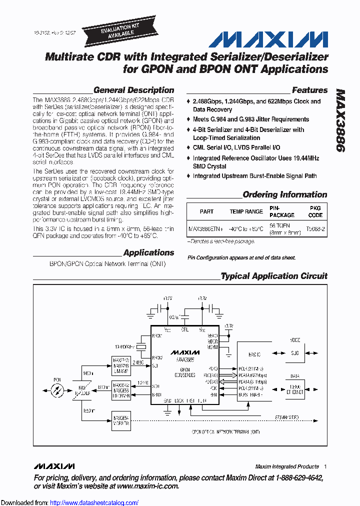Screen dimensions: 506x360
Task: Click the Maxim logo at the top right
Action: click(268, 39)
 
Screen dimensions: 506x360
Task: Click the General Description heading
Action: click(133, 90)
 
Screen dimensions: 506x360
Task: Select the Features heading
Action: click(309, 90)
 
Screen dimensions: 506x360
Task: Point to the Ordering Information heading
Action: click(284, 194)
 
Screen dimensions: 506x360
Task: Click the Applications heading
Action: click(148, 252)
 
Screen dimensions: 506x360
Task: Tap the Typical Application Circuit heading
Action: click(274, 276)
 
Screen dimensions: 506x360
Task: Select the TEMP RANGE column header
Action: click(246, 211)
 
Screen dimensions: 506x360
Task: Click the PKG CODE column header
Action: click(315, 211)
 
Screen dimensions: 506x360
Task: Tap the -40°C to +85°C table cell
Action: click(246, 229)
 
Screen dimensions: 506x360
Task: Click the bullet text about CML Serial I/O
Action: click(236, 147)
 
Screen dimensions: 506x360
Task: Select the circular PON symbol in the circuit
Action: click(58, 387)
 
